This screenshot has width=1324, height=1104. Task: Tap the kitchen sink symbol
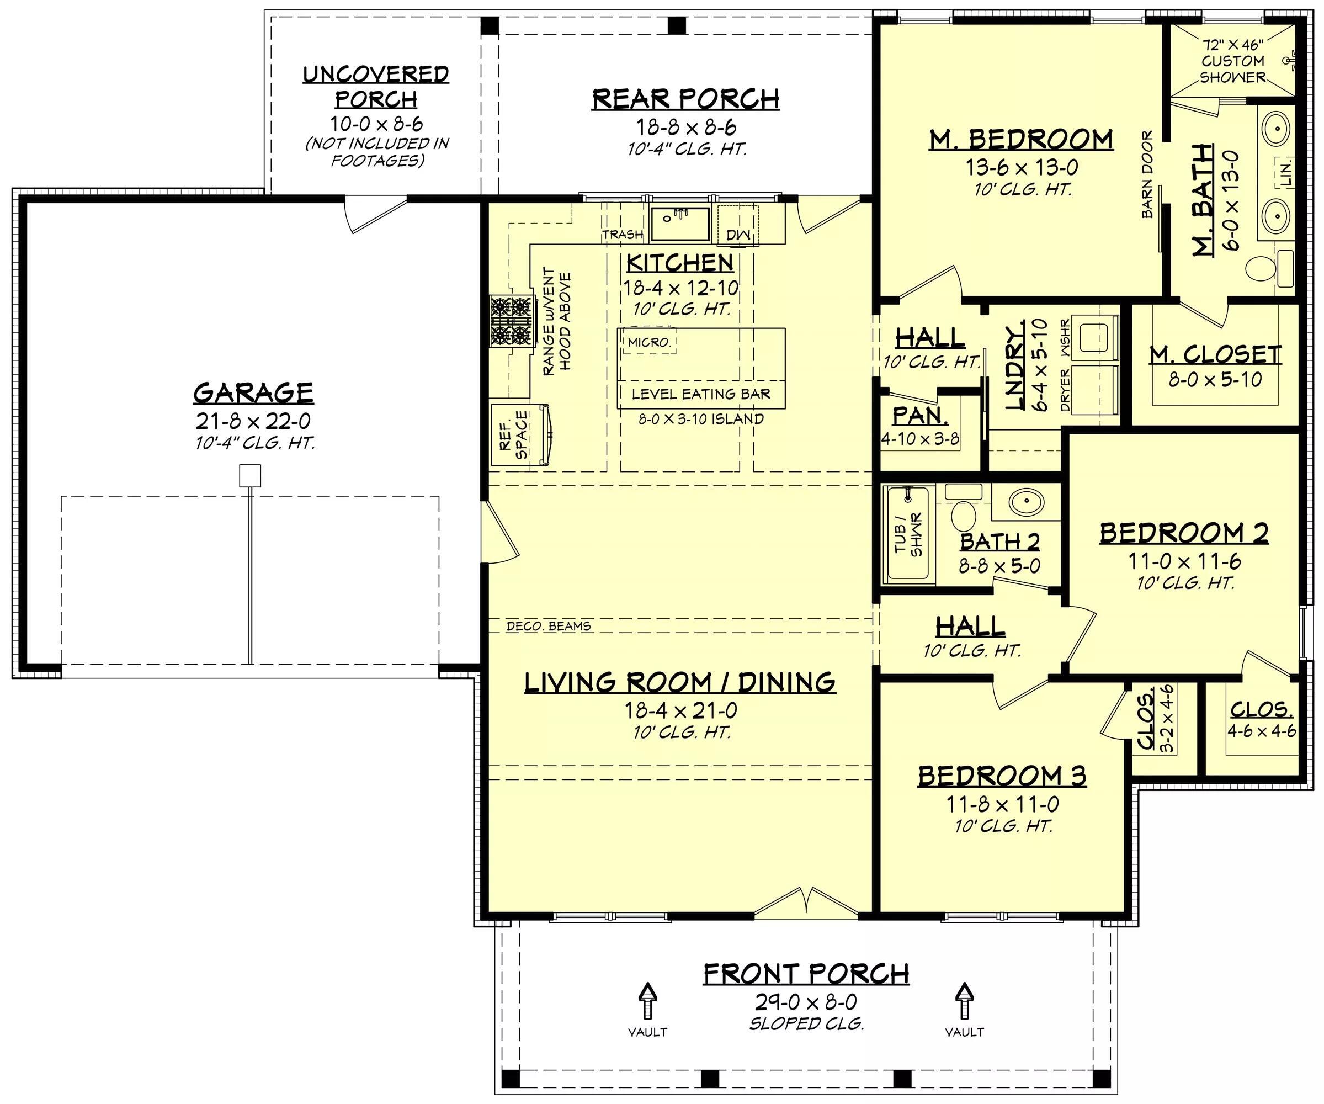pos(679,224)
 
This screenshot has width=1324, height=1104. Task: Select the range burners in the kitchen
pos(511,321)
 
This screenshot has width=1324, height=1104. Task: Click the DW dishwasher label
pos(738,235)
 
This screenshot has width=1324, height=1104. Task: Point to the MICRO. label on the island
pos(649,342)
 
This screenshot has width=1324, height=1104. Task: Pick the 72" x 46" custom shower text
pos(1232,61)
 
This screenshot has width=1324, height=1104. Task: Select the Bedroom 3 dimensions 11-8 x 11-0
pos(1002,804)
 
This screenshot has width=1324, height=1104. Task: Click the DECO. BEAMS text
pos(549,626)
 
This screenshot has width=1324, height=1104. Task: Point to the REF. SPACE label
pos(513,435)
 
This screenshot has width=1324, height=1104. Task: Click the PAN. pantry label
pos(920,416)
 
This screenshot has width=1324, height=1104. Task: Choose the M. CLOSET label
pos(1215,354)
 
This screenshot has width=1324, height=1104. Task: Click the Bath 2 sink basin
pos(1026,502)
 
